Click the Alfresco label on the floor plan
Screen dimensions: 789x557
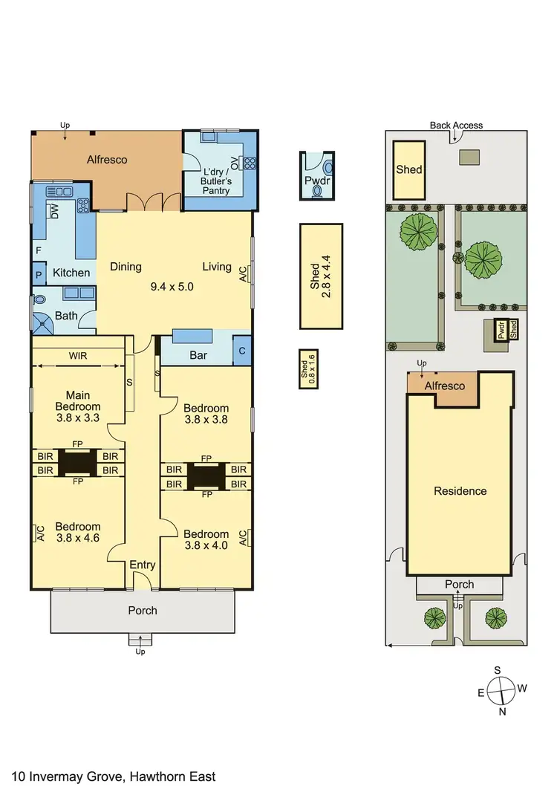[107, 160]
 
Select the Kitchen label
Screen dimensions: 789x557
[71, 273]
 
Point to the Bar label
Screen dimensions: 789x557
[198, 355]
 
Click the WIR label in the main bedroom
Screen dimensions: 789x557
[78, 356]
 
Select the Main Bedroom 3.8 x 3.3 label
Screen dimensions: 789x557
[77, 406]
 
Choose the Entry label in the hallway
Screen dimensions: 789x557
[143, 565]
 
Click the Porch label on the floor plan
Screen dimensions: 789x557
[143, 611]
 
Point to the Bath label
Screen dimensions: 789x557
[67, 316]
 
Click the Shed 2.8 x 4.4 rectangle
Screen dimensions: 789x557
[321, 276]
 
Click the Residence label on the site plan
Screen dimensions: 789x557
[460, 491]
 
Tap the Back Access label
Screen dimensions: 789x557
[456, 126]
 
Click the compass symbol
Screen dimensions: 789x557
[502, 689]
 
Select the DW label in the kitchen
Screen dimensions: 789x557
[55, 212]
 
